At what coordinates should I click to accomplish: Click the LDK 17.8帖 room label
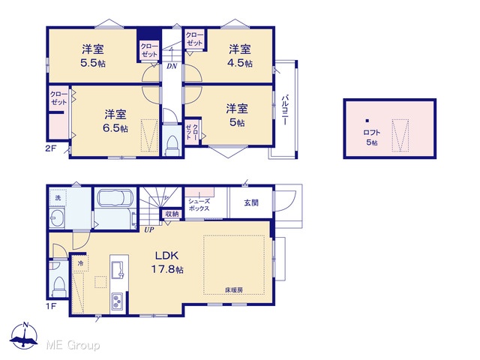pyautogui.click(x=167, y=262)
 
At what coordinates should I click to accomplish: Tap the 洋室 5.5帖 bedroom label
pyautogui.click(x=93, y=55)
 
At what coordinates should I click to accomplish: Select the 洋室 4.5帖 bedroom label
pyautogui.click(x=240, y=55)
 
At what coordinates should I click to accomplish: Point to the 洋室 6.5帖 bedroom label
pyautogui.click(x=115, y=121)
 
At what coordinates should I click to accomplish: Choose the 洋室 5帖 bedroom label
pyautogui.click(x=237, y=115)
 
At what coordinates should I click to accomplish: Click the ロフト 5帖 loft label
pyautogui.click(x=372, y=137)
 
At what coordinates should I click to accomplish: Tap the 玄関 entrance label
pyautogui.click(x=251, y=202)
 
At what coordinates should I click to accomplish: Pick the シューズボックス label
pyautogui.click(x=199, y=205)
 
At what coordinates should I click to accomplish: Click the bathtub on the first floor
pyautogui.click(x=115, y=198)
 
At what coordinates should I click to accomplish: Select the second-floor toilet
pyautogui.click(x=172, y=144)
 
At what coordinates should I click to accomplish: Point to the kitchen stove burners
pyautogui.click(x=117, y=301)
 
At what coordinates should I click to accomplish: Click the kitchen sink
pyautogui.click(x=118, y=270)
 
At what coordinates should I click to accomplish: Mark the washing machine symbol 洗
pyautogui.click(x=58, y=198)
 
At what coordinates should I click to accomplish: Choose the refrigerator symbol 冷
pyautogui.click(x=80, y=263)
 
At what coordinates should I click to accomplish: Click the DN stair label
pyautogui.click(x=172, y=66)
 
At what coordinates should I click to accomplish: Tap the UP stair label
pyautogui.click(x=149, y=229)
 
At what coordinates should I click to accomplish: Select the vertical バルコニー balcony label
pyautogui.click(x=285, y=109)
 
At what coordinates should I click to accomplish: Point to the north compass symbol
pyautogui.click(x=25, y=336)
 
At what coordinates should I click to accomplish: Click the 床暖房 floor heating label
pyautogui.click(x=234, y=289)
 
